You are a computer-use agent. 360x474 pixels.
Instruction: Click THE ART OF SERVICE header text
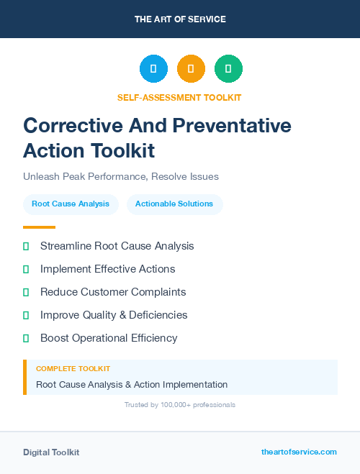pyautogui.click(x=180, y=19)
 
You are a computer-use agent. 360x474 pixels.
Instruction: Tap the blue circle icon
pyautogui.click(x=153, y=69)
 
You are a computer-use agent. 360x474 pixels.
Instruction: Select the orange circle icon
pyautogui.click(x=191, y=69)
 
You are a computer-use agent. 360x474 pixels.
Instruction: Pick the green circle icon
pyautogui.click(x=228, y=69)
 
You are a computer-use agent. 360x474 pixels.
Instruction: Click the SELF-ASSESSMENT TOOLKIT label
pyautogui.click(x=179, y=97)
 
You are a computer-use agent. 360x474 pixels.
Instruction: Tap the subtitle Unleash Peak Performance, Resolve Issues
pyautogui.click(x=121, y=176)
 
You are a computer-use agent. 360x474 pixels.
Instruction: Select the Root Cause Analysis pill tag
pyautogui.click(x=71, y=204)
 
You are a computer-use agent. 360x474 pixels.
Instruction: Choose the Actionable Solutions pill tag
pyautogui.click(x=174, y=204)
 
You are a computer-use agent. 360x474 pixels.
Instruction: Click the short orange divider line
pyautogui.click(x=39, y=227)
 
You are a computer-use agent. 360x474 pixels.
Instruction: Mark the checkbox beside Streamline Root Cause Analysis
pyautogui.click(x=26, y=246)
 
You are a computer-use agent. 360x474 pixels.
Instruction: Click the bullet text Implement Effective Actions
pyautogui.click(x=107, y=269)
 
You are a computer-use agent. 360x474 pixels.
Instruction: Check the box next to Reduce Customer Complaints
pyautogui.click(x=26, y=292)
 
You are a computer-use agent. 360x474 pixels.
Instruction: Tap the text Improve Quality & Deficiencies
pyautogui.click(x=114, y=315)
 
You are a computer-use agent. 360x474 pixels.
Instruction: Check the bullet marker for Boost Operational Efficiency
pyautogui.click(x=26, y=338)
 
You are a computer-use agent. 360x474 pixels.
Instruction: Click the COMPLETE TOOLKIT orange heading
pyautogui.click(x=73, y=369)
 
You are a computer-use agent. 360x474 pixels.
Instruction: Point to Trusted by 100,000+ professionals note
pyautogui.click(x=180, y=405)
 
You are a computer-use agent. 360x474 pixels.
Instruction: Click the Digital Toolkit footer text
pyautogui.click(x=51, y=452)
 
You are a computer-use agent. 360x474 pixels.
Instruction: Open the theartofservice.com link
pyautogui.click(x=299, y=452)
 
